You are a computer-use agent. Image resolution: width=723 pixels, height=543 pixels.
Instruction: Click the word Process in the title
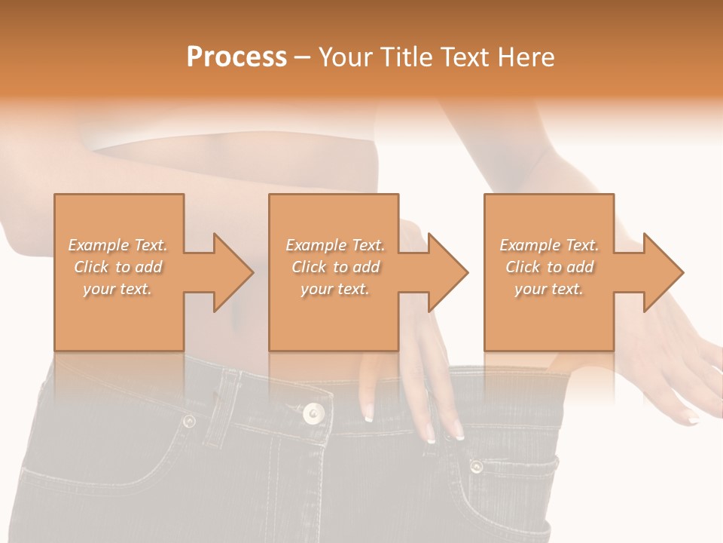coord(236,57)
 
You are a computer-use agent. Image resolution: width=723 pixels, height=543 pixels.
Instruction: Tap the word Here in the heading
coord(526,57)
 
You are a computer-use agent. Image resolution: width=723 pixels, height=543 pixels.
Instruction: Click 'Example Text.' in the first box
coord(117,245)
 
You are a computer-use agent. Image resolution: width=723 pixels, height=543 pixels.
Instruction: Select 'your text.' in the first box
coord(117,289)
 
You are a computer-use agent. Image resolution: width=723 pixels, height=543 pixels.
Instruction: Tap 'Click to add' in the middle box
coord(335,267)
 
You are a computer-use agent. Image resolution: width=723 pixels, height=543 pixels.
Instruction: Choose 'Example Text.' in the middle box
coord(335,245)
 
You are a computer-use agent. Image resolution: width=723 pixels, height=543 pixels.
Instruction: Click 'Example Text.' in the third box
coord(549,245)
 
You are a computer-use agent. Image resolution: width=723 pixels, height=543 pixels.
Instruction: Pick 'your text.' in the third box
coord(549,289)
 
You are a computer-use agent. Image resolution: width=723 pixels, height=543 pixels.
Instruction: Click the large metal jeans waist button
coord(313,413)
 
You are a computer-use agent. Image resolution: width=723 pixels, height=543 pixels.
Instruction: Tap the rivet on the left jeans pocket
coord(188,421)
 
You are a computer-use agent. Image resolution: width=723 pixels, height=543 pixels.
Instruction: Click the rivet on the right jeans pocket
coord(476,466)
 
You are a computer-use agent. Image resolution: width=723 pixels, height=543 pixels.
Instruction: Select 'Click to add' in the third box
coord(549,267)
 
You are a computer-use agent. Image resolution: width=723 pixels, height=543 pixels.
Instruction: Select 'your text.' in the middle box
coord(335,289)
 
